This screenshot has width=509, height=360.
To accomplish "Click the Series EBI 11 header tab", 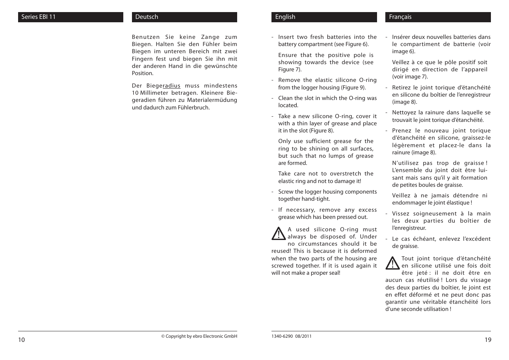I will (71, 17).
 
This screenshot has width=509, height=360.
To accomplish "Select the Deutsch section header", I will (184, 17).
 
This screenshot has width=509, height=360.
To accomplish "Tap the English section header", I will (324, 17).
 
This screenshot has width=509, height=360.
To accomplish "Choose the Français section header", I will (438, 17).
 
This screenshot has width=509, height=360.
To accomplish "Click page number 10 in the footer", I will (21, 340).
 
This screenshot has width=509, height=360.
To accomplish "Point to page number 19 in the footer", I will (488, 340).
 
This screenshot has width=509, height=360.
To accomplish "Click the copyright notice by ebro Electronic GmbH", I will (199, 336).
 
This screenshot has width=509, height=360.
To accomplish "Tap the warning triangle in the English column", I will (279, 234).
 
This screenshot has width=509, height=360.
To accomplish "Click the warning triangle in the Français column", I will (392, 263).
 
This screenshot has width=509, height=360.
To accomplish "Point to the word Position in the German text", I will (143, 73).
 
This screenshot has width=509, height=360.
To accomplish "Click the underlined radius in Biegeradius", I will (172, 86).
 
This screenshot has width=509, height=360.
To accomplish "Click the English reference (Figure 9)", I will (353, 88).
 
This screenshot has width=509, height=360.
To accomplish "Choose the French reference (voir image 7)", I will (410, 77).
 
